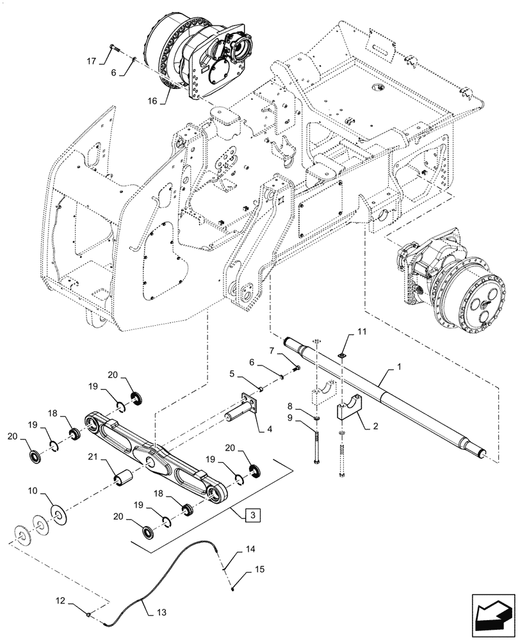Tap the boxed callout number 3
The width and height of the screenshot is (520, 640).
click(x=252, y=514)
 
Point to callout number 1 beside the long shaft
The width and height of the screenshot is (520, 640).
click(x=399, y=369)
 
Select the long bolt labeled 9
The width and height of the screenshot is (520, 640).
click(x=318, y=448)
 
